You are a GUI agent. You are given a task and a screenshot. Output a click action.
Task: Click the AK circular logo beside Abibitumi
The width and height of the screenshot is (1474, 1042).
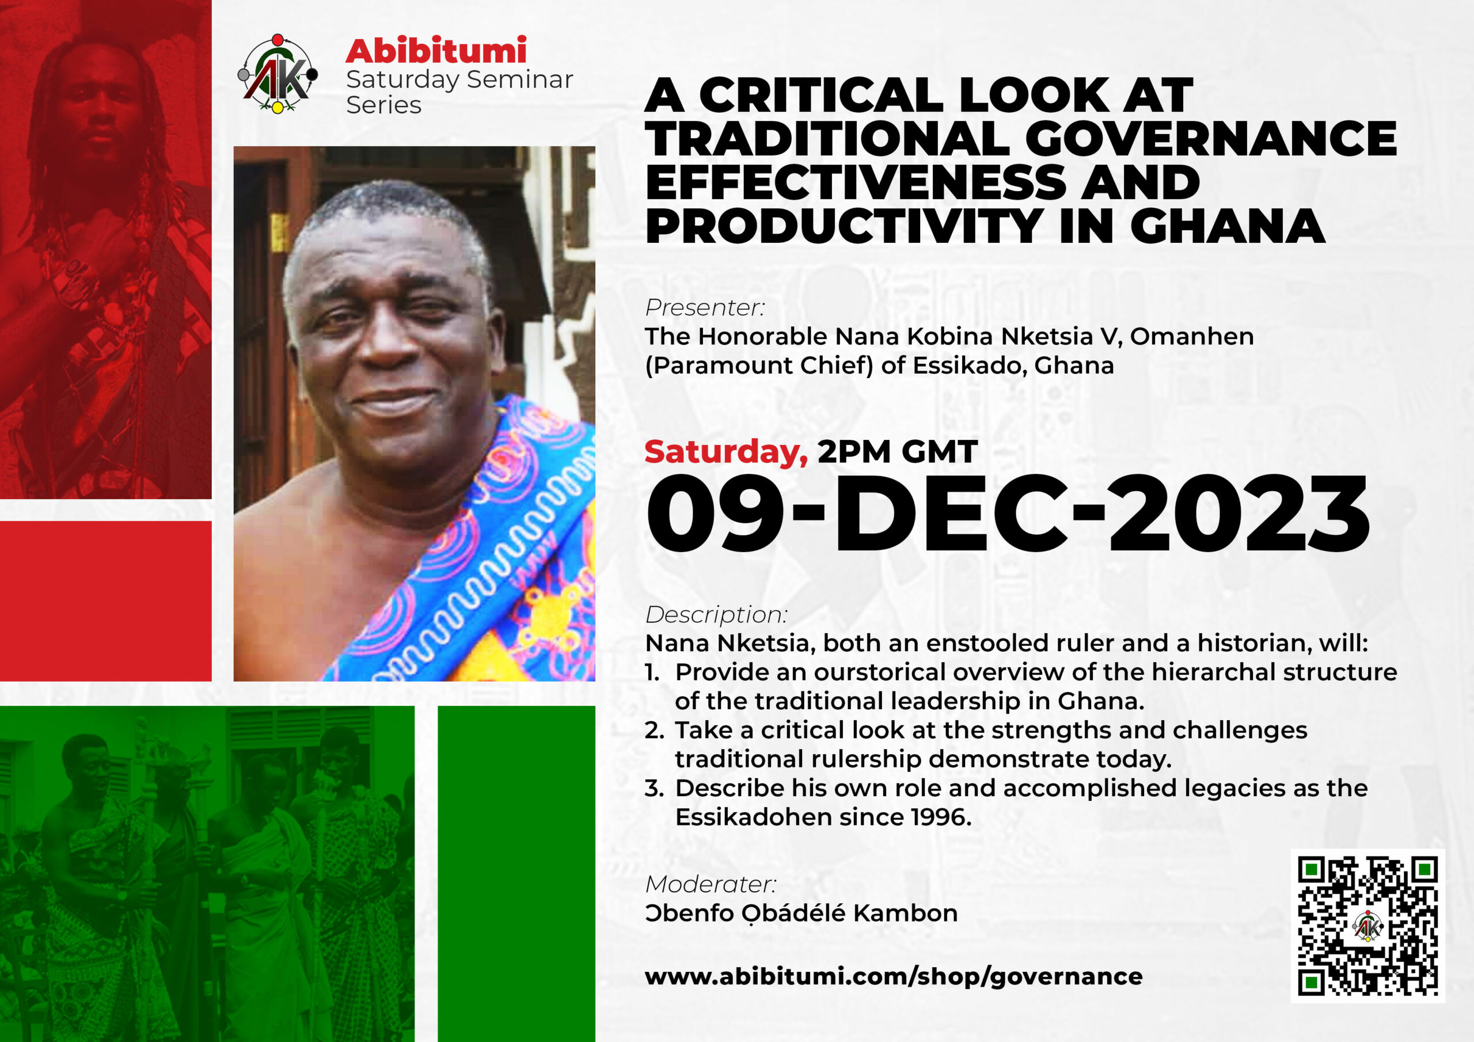tap(278, 73)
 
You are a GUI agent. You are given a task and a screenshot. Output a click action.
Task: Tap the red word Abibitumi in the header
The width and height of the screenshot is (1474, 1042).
tap(436, 51)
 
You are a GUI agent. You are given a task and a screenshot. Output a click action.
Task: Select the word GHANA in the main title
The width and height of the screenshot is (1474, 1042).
tap(1228, 226)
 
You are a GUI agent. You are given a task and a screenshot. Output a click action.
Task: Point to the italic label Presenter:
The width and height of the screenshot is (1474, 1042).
tap(705, 307)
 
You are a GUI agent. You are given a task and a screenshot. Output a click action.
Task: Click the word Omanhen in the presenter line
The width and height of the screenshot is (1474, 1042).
tap(1191, 336)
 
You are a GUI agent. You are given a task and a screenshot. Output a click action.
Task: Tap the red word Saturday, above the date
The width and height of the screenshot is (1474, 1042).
tap(726, 452)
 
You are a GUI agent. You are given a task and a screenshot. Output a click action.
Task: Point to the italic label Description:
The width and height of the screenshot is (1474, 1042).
tap(716, 615)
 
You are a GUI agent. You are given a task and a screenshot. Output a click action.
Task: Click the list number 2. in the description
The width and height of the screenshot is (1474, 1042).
tap(654, 731)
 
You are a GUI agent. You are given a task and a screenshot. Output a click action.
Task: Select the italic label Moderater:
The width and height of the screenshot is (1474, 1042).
tap(711, 884)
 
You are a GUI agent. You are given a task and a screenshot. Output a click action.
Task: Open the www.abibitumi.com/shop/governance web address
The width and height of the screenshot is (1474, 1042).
tap(894, 977)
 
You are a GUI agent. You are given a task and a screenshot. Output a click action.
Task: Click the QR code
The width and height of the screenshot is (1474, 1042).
tap(1367, 926)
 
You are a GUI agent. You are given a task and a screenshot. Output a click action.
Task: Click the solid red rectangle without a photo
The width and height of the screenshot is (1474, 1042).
tap(105, 601)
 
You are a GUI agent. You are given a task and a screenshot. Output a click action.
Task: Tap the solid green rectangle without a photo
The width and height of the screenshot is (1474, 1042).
tap(516, 874)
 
